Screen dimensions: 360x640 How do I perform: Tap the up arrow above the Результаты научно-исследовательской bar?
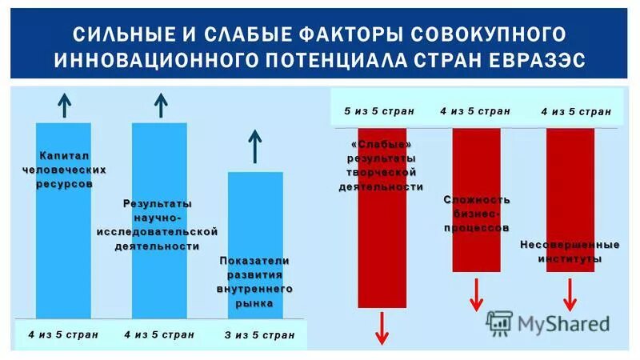click(160, 105)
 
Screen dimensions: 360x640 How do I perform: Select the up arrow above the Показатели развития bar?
click(255, 146)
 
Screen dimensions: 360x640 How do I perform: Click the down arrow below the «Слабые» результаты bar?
click(382, 328)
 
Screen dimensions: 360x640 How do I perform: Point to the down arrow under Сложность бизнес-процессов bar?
click(476, 294)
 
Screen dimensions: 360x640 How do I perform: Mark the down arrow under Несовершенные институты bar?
click(570, 294)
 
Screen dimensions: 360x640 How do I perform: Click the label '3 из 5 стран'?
click(259, 335)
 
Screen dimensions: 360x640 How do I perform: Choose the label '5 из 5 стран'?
click(379, 111)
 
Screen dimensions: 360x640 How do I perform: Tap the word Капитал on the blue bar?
click(64, 154)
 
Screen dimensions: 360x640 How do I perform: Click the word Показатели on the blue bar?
click(255, 262)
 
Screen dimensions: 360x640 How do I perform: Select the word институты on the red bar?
click(570, 259)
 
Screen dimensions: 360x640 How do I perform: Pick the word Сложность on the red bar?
click(477, 199)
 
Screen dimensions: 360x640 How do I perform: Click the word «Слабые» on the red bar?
click(382, 143)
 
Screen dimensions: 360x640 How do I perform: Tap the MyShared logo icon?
click(499, 322)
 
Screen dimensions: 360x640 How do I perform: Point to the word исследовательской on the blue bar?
click(158, 231)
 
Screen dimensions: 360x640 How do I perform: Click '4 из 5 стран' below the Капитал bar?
click(62, 334)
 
